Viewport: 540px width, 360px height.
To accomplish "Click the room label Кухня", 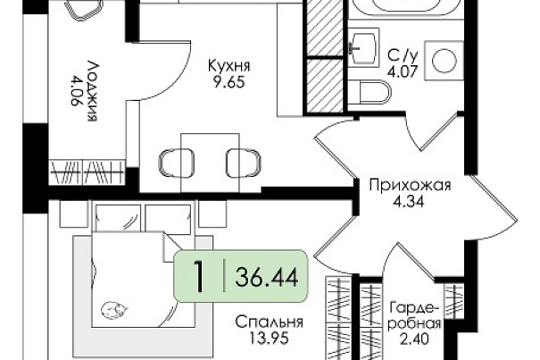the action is click(x=229, y=65).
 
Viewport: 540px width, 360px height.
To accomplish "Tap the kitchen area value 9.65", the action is click(x=229, y=82).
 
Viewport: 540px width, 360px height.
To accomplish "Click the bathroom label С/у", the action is click(x=403, y=54).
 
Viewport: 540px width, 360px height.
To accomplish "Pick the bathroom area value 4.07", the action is click(x=403, y=71).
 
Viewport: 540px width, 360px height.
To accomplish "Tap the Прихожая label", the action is click(x=410, y=185).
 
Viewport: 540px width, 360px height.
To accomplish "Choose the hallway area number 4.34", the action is click(x=409, y=201).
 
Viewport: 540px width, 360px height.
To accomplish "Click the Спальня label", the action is click(x=269, y=322).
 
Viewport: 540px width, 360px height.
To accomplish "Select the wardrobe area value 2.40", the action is click(x=415, y=339).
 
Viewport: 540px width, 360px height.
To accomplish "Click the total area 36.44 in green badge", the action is click(x=267, y=277).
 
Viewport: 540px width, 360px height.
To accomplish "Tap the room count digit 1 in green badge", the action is click(x=199, y=277).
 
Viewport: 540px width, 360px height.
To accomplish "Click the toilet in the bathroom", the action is click(x=370, y=92).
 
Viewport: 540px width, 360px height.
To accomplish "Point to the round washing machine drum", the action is click(x=444, y=61).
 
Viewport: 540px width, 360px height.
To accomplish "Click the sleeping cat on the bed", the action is click(x=114, y=310).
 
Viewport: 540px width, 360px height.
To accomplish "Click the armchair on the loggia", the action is click(x=84, y=9).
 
